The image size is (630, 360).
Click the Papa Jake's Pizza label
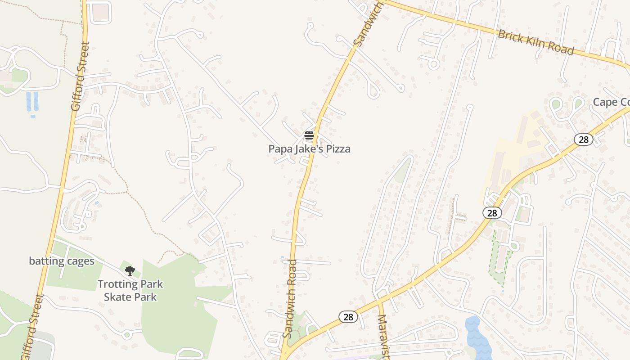point(309,149)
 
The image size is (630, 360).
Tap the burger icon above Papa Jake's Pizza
point(309,135)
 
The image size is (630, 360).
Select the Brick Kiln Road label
point(536,42)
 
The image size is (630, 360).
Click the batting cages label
point(62,261)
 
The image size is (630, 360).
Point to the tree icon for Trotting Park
point(130,270)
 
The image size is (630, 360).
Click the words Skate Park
point(130,297)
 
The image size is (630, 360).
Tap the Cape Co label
point(611,102)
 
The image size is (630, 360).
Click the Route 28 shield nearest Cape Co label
point(584,139)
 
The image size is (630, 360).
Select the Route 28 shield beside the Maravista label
point(348,317)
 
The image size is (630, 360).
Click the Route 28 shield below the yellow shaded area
point(492,213)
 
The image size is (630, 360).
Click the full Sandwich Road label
point(290,298)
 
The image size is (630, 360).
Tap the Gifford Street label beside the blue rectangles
point(81,76)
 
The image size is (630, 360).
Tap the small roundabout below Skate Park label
point(126,334)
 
